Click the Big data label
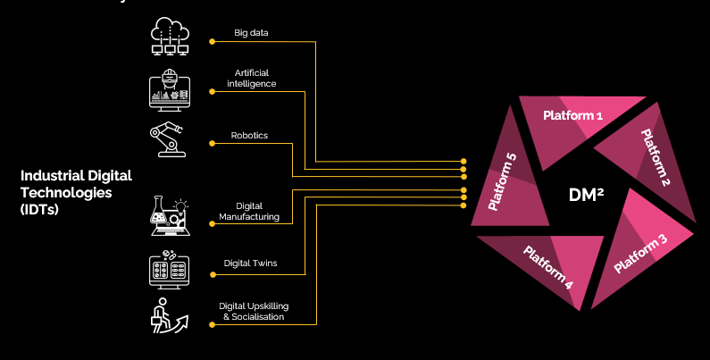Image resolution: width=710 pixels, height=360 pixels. [x=251, y=32]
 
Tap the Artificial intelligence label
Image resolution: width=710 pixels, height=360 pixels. [x=251, y=78]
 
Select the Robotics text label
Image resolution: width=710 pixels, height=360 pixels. [x=249, y=136]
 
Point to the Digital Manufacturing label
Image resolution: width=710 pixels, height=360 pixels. [x=249, y=212]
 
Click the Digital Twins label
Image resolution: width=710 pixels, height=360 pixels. [x=250, y=264]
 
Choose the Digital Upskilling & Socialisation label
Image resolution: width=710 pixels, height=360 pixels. [x=254, y=312]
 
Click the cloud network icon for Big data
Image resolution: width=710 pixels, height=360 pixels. [x=170, y=37]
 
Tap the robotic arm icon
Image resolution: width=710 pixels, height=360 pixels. [x=168, y=139]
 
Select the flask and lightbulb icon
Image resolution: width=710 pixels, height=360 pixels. [x=170, y=215]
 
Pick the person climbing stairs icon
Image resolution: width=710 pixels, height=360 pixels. [x=169, y=315]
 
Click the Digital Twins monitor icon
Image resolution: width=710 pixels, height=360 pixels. [x=170, y=269]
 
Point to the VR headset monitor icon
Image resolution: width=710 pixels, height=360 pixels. [x=170, y=90]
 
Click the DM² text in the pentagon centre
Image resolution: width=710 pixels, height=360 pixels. [x=586, y=195]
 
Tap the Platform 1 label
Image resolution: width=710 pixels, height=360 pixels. [x=572, y=115]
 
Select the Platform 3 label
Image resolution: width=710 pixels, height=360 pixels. [x=640, y=254]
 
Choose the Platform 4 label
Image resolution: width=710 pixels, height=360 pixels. [x=548, y=267]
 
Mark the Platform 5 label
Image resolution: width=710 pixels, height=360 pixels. [x=502, y=182]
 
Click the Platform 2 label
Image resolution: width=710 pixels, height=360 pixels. [x=656, y=157]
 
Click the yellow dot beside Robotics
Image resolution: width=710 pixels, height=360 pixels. [x=212, y=144]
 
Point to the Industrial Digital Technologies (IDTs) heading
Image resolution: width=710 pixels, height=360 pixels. [x=76, y=192]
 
